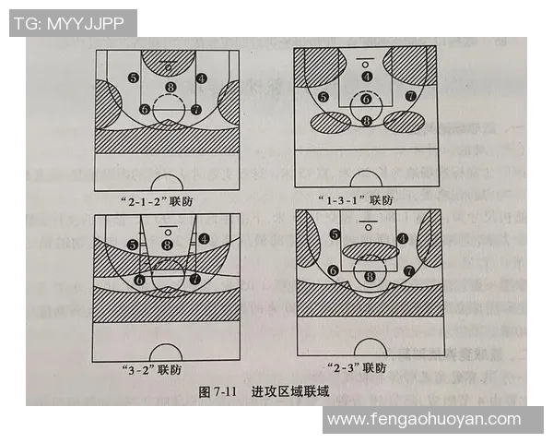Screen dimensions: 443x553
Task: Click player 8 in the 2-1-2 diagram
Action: (x=170, y=88)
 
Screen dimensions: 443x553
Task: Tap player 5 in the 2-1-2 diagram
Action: (x=135, y=78)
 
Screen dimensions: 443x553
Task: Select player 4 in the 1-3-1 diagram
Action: (x=367, y=77)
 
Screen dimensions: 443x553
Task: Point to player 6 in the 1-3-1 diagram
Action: (x=366, y=100)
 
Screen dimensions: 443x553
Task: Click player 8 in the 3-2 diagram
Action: (x=167, y=245)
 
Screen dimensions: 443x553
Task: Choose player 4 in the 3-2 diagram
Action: (x=203, y=237)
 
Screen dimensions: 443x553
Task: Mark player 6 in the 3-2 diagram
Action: (x=140, y=279)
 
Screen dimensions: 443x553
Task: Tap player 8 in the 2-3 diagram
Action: (x=371, y=276)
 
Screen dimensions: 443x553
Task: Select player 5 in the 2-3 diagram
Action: (x=335, y=235)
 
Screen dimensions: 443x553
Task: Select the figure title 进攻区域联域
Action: (x=290, y=392)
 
